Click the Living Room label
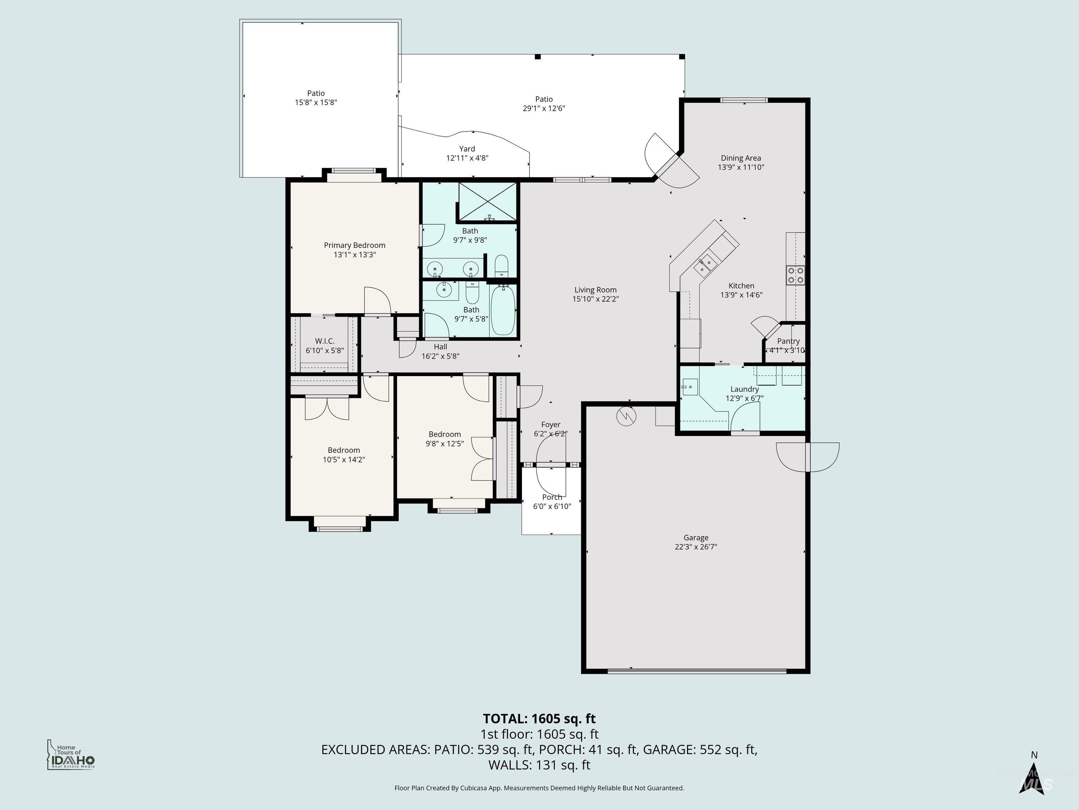[x=595, y=290]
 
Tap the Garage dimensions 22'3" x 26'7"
[x=695, y=547]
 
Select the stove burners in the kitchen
[x=795, y=275]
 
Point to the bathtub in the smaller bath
[x=502, y=310]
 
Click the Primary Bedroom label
[x=355, y=245]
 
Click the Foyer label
[x=551, y=424]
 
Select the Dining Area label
[x=740, y=158]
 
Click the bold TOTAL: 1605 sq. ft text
[x=539, y=719]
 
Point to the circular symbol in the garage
[x=626, y=416]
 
